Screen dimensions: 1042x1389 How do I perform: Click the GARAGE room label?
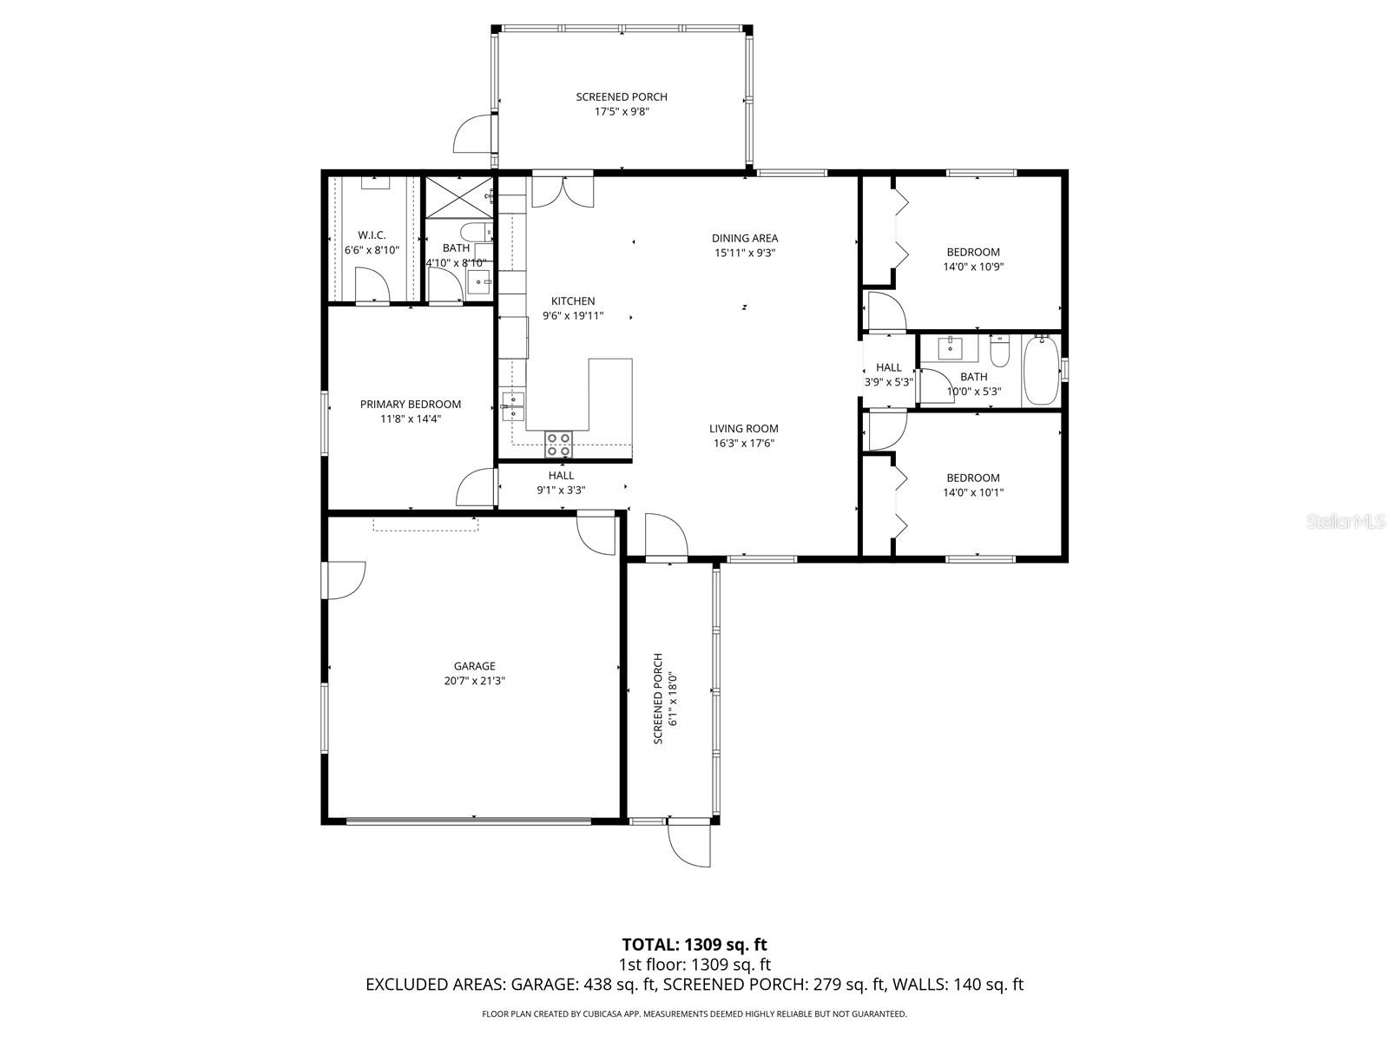474,666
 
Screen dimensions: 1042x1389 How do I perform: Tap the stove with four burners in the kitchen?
558,444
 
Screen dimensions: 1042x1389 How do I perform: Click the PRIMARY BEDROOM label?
410,404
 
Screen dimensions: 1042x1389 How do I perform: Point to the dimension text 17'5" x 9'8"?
622,111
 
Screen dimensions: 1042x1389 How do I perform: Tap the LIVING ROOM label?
743,428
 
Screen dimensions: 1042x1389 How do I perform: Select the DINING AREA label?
744,238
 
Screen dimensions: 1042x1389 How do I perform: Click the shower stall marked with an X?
458,197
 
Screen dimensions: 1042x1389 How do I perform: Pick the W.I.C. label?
372,235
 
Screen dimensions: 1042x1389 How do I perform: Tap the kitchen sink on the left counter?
513,401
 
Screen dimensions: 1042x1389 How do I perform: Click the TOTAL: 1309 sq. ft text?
694,944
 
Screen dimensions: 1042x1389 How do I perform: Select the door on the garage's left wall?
346,580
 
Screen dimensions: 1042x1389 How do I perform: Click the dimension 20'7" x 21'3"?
474,681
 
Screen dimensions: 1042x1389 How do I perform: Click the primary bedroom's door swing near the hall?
476,488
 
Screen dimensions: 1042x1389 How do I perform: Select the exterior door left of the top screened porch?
474,135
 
